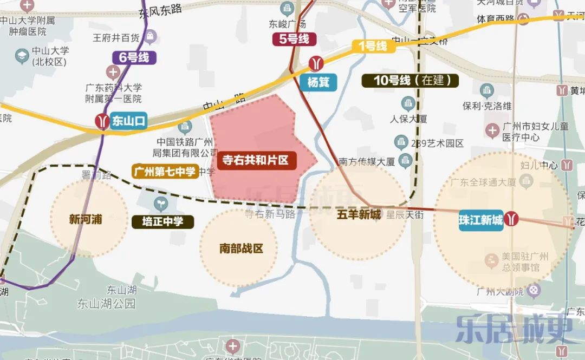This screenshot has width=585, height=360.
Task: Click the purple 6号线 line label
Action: pos(134,56)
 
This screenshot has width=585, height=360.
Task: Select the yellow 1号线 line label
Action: pos(373,46)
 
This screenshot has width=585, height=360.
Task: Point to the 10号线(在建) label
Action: pos(410,81)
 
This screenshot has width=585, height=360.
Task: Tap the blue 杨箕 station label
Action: pos(318,83)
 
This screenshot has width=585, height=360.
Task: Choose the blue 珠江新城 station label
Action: pos(481,220)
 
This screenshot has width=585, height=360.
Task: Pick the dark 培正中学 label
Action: pos(163,221)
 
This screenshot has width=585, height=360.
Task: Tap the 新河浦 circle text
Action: pos(86,220)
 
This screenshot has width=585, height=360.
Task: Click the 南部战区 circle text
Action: pos(241,248)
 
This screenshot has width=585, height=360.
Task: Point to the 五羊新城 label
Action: pos(358,214)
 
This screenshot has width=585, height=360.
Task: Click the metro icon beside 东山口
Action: pos(101,121)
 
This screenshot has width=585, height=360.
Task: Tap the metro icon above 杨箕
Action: pos(316,64)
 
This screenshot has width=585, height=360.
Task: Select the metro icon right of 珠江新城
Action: pos(512,219)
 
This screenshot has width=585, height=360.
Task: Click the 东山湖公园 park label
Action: pos(106,303)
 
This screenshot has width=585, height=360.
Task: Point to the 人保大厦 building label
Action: pos(409,119)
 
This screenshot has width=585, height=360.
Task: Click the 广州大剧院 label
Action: pos(501,292)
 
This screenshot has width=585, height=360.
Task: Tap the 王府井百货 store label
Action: pos(116,38)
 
